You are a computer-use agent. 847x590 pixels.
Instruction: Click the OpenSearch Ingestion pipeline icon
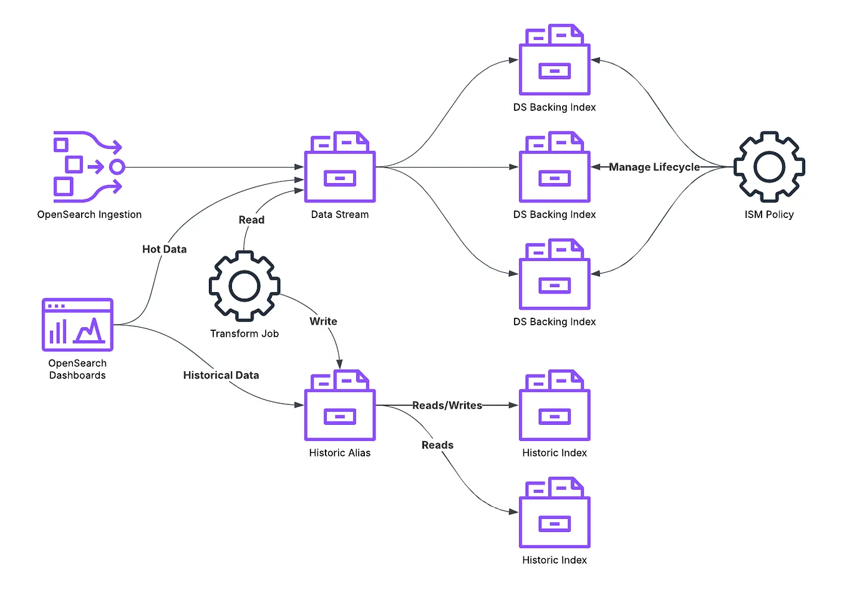point(88,166)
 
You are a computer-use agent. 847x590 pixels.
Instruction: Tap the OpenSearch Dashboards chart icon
point(77,325)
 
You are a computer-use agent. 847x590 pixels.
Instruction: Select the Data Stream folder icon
point(340,168)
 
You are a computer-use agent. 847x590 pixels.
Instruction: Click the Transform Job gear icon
point(244,287)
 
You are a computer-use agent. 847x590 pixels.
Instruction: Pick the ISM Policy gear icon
point(769,166)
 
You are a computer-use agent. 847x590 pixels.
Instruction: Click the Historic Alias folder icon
point(340,406)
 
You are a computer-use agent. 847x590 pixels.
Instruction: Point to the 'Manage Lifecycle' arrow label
point(654,167)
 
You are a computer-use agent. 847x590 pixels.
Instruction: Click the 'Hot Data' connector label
point(164,249)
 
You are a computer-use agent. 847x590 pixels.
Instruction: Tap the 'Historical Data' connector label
point(221,375)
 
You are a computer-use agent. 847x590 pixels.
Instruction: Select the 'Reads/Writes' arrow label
point(447,406)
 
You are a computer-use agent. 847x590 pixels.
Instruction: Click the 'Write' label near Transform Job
point(323,321)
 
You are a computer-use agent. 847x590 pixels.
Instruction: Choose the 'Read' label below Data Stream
point(251,220)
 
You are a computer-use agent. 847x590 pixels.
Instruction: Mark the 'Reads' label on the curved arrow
point(437,445)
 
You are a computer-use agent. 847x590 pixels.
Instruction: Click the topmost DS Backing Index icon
point(554,60)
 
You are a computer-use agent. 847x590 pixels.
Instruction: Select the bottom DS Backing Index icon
point(554,275)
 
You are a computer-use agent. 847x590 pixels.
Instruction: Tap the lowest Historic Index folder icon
point(554,513)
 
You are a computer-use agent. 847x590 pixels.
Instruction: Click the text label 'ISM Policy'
point(769,214)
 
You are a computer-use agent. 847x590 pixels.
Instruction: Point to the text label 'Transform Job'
point(244,334)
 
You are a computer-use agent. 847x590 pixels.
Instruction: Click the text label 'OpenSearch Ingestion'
point(89,214)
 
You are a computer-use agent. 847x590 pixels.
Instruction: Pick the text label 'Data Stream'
point(340,214)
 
